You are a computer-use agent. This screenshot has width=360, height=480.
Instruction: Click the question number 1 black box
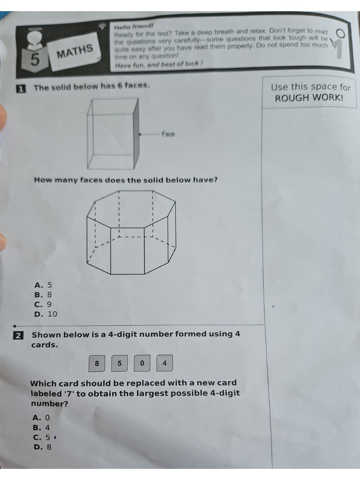click(21, 88)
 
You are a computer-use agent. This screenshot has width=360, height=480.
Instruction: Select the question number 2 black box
click(18, 335)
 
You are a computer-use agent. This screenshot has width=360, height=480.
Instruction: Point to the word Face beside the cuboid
click(168, 135)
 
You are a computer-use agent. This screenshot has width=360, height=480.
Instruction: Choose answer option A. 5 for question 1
click(44, 285)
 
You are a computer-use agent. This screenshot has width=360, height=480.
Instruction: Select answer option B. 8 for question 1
click(44, 295)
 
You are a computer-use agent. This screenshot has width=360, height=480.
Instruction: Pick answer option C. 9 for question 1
click(44, 304)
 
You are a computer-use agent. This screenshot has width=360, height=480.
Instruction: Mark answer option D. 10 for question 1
click(46, 314)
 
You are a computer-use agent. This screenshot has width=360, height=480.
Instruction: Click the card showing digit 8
click(97, 363)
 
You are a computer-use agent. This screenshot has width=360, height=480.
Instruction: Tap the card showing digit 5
click(120, 363)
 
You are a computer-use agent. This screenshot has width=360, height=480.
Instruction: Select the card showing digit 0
click(142, 363)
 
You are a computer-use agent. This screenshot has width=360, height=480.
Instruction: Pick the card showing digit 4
click(165, 363)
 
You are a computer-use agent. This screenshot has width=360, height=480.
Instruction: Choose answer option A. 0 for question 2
click(41, 418)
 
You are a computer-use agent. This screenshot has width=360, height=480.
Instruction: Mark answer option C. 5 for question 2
click(42, 437)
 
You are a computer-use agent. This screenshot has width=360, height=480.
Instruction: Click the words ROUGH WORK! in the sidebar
click(309, 98)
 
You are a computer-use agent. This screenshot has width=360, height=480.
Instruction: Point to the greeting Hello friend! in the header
click(134, 27)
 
